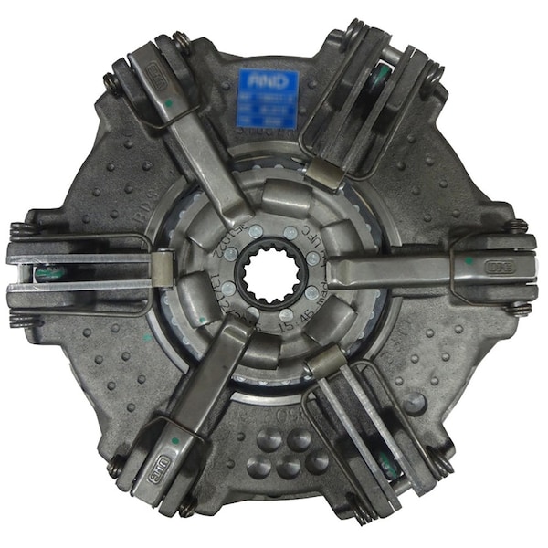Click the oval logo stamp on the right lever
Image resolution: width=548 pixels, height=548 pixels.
tap(500, 269)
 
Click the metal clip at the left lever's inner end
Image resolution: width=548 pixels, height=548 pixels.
tap(162, 269)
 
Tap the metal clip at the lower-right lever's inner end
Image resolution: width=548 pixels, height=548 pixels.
tap(323, 364)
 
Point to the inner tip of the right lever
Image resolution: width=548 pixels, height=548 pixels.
tap(334, 271)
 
